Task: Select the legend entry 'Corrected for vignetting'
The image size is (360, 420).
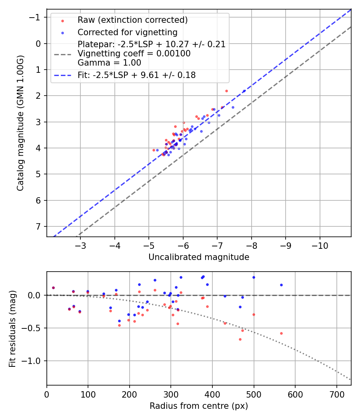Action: (128, 32)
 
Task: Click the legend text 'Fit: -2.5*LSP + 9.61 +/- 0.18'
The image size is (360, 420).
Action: (137, 75)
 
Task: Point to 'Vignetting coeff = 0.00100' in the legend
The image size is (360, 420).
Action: (134, 54)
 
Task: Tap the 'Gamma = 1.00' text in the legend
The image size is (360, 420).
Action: (109, 62)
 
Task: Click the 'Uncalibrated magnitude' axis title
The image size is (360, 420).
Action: (199, 257)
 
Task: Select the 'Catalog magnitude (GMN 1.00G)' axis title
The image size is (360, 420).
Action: (20, 123)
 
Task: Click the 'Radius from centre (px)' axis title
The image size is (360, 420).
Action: (199, 406)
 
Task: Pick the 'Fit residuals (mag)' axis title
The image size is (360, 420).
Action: (12, 329)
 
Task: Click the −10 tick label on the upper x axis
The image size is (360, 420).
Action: (320, 244)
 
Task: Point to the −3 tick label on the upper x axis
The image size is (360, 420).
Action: (80, 244)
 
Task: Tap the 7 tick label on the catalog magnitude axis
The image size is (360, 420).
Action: (38, 226)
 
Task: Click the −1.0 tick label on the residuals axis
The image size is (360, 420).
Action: (33, 361)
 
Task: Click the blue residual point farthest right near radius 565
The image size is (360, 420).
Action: (281, 285)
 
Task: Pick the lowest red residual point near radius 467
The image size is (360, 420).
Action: (240, 339)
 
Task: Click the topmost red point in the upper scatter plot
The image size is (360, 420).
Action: (226, 91)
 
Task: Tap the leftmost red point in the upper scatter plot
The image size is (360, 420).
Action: (154, 150)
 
